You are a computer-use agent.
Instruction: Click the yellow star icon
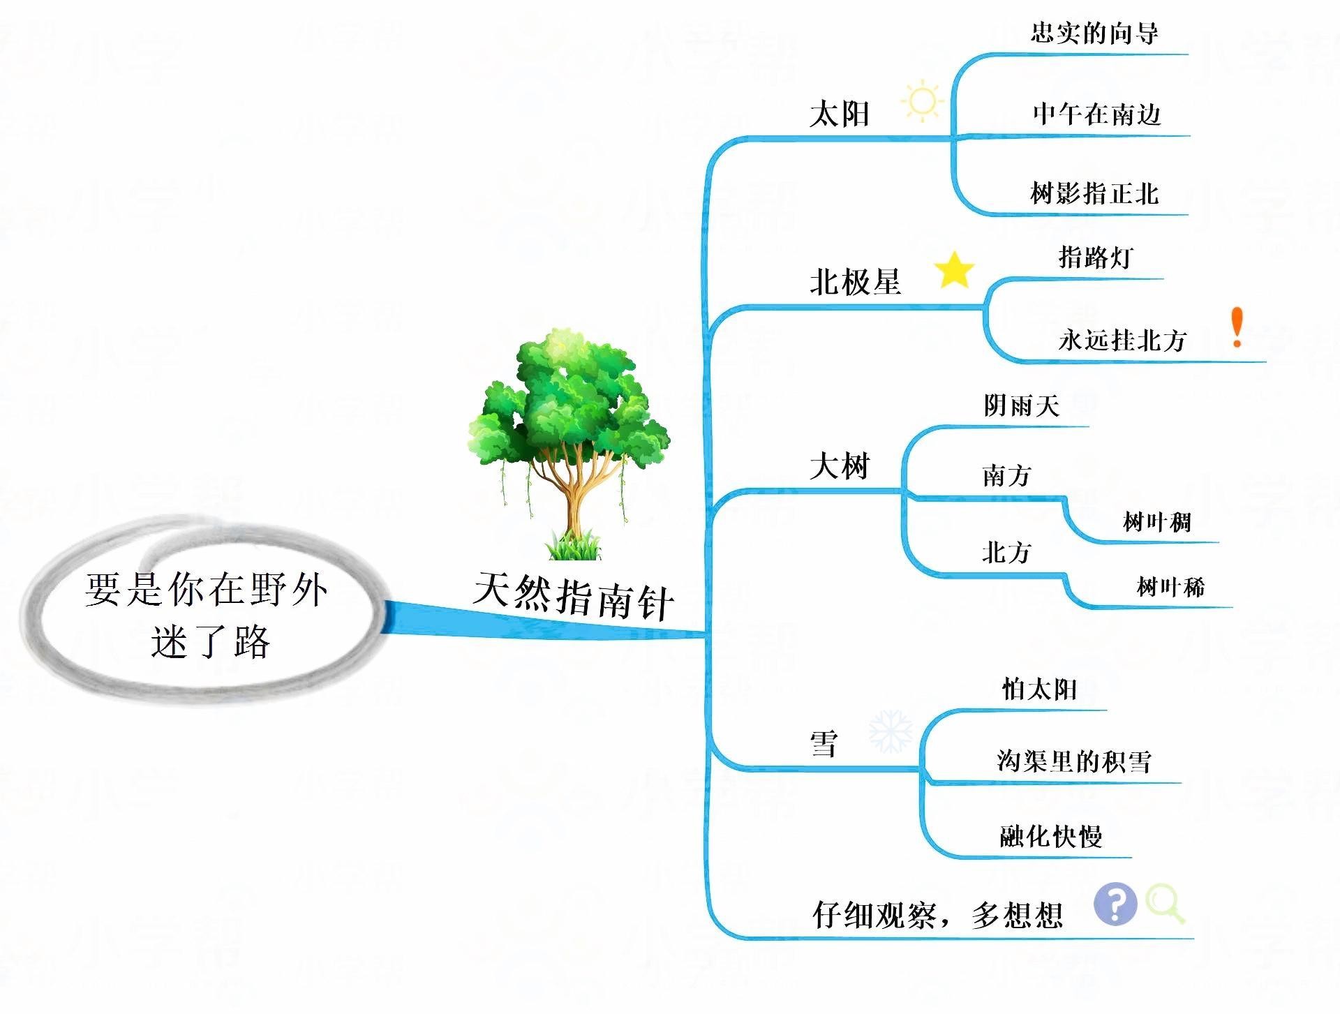click(x=954, y=271)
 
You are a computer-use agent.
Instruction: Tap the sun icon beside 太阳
click(x=922, y=102)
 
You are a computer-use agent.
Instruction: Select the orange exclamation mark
click(x=1237, y=327)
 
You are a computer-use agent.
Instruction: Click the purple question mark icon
click(x=1115, y=904)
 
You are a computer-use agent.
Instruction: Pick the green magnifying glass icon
click(x=1165, y=904)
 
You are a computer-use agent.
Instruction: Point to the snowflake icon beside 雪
click(x=891, y=732)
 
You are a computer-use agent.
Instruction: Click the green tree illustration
click(x=569, y=444)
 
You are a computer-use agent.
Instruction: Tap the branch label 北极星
click(x=855, y=283)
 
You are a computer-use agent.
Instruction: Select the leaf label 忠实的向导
click(x=1094, y=33)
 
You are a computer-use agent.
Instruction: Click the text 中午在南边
click(x=1096, y=114)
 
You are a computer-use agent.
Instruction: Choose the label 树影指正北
click(x=1094, y=193)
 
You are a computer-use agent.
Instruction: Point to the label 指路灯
click(x=1095, y=257)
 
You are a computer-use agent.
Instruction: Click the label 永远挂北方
click(x=1122, y=340)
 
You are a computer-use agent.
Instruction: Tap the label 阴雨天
click(x=1022, y=405)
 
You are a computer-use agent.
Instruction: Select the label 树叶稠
click(x=1156, y=522)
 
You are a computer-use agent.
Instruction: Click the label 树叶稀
click(x=1170, y=587)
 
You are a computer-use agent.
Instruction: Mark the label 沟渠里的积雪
click(x=1074, y=761)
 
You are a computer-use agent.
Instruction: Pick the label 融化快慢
click(x=1051, y=835)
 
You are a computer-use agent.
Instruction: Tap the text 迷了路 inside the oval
click(x=210, y=641)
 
